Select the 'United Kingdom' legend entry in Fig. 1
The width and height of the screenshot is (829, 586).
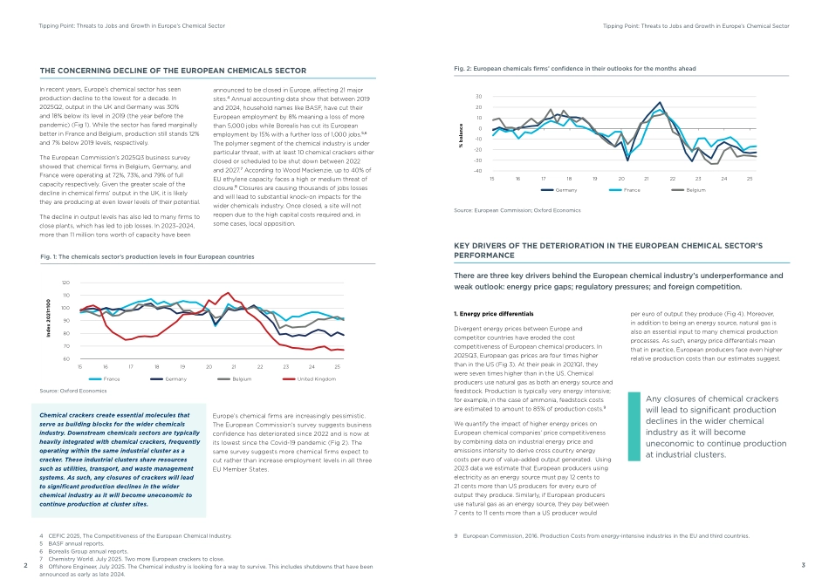(x=317, y=379)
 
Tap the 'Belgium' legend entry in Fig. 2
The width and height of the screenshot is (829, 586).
(x=695, y=189)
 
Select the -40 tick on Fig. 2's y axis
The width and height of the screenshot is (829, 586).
(x=476, y=170)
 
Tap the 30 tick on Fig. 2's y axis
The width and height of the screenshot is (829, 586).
(x=478, y=97)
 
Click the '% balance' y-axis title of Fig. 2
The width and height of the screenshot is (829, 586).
(x=460, y=133)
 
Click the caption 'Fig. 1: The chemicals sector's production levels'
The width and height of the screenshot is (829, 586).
(x=147, y=257)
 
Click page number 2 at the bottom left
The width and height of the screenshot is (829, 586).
(x=26, y=566)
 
